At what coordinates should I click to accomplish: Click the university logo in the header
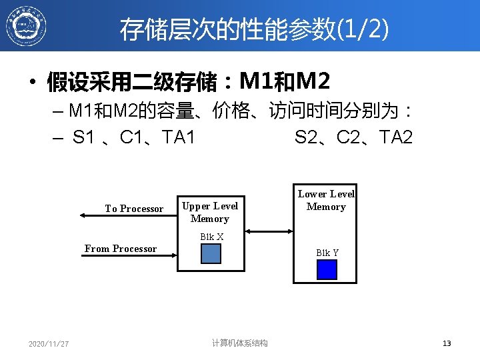click(26, 25)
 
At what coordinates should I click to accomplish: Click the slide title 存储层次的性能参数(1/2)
click(254, 29)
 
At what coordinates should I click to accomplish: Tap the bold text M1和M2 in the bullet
click(285, 82)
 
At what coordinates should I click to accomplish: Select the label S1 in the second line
click(83, 138)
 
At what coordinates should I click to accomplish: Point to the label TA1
click(178, 138)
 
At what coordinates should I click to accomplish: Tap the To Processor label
click(134, 209)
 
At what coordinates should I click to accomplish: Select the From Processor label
click(121, 249)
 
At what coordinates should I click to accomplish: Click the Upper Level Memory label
click(210, 212)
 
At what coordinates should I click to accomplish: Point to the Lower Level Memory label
click(326, 200)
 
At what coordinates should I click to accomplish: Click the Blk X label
click(211, 237)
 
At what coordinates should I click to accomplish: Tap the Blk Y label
click(327, 253)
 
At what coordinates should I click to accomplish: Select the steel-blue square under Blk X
click(211, 254)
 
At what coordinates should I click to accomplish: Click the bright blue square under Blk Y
click(327, 269)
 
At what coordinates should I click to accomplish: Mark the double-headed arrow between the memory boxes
click(269, 231)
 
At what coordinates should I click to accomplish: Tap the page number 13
click(447, 343)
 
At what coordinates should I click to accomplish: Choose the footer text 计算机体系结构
click(240, 343)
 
